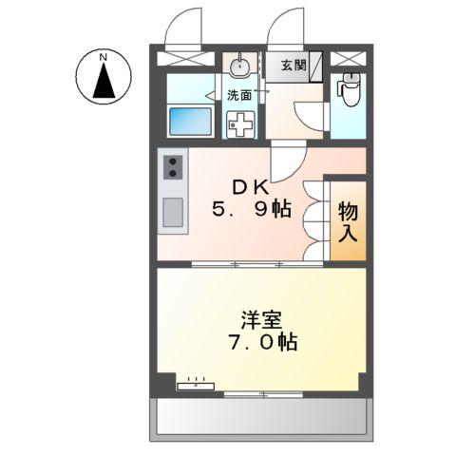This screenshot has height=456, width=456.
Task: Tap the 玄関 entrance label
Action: (x=294, y=66)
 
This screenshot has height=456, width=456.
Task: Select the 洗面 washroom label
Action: (x=238, y=94)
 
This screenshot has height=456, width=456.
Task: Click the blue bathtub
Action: (x=190, y=123)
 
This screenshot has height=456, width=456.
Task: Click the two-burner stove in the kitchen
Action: (x=173, y=167)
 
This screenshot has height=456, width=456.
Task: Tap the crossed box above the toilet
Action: (x=352, y=55)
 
